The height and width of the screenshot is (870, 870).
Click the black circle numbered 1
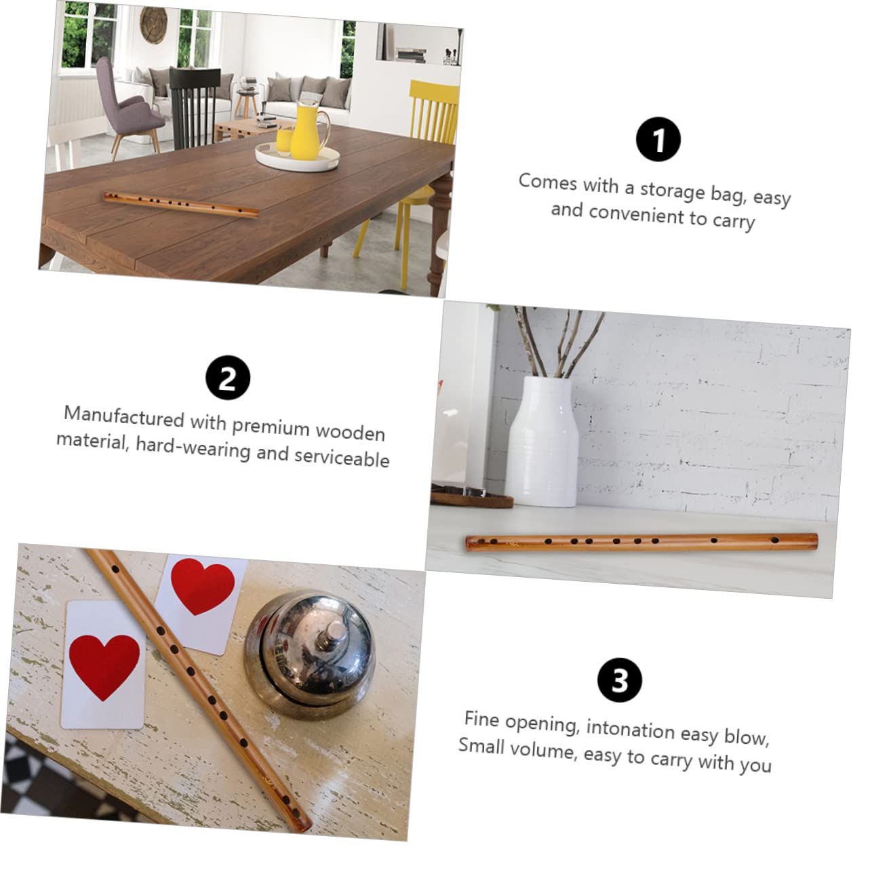658,140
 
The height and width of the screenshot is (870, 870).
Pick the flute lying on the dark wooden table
181,204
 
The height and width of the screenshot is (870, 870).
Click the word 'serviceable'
342,457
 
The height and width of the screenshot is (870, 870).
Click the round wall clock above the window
155,24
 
